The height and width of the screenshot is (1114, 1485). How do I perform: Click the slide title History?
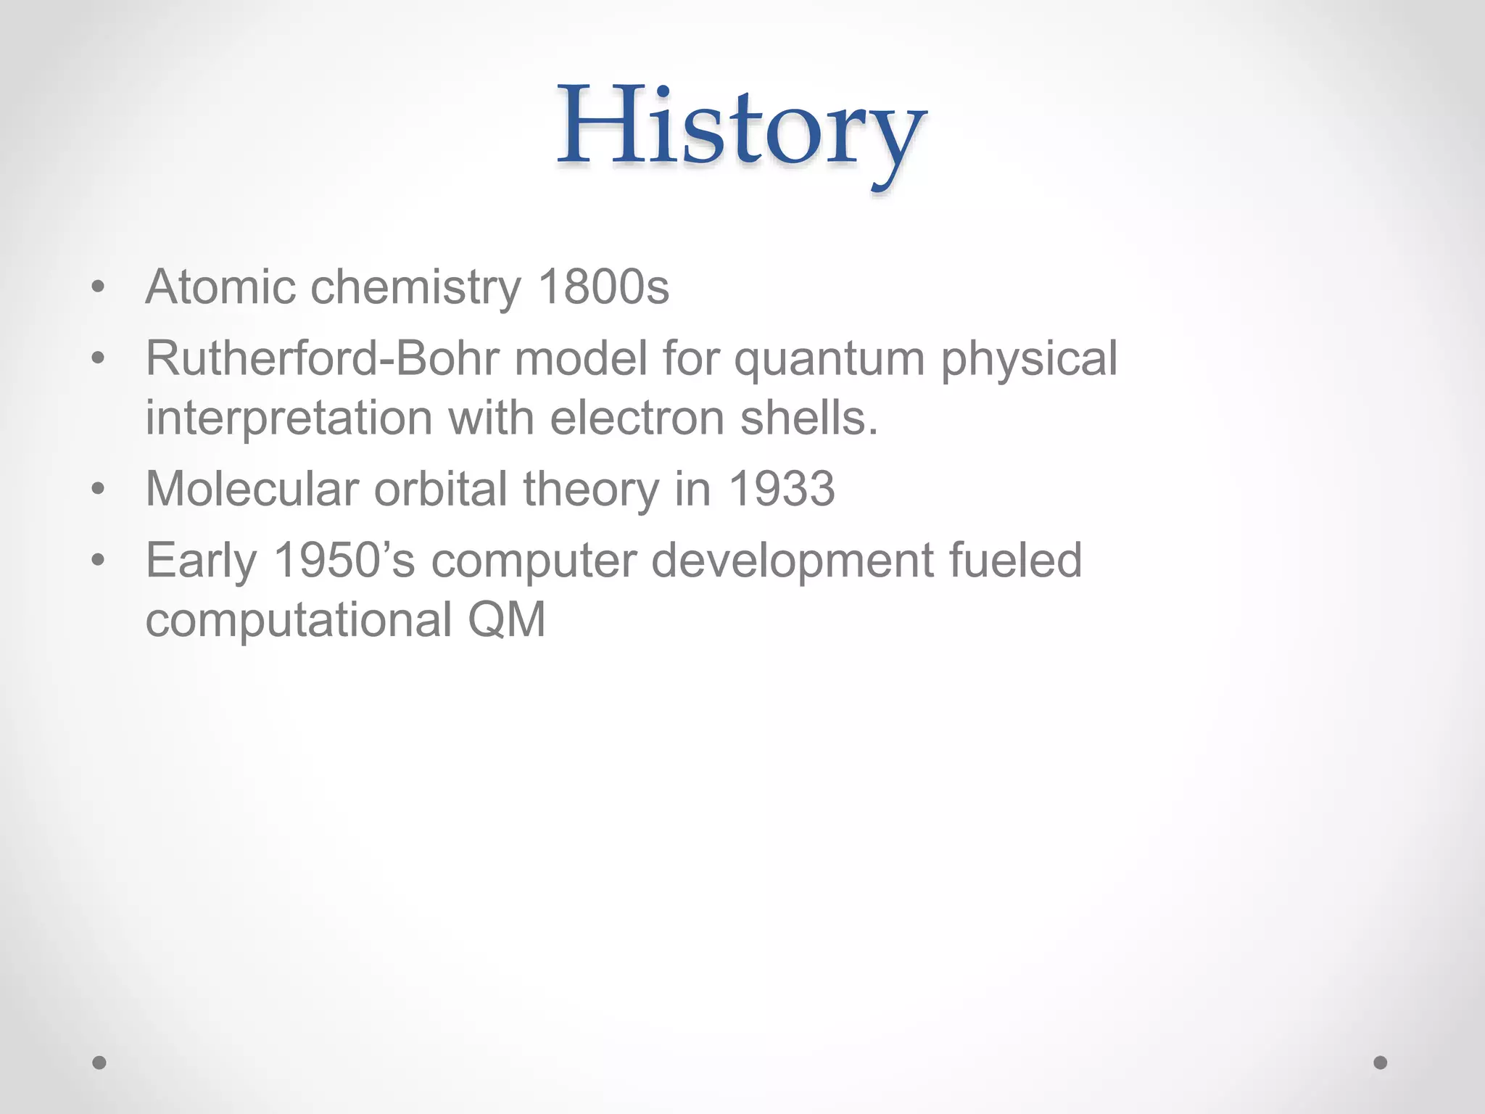coord(741,129)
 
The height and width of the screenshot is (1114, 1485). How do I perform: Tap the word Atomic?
coord(220,287)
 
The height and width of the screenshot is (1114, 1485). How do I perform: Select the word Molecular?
coord(252,489)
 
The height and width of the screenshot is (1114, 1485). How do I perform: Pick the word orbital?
coord(440,489)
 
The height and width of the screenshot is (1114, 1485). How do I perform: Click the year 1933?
coord(781,489)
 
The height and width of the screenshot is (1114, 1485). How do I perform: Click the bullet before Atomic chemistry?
coord(99,288)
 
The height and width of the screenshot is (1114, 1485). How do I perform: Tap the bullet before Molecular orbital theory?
coord(99,490)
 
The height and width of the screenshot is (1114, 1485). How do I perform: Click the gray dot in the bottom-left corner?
coord(99,1063)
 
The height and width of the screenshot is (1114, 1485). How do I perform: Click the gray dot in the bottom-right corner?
coord(1381,1063)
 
